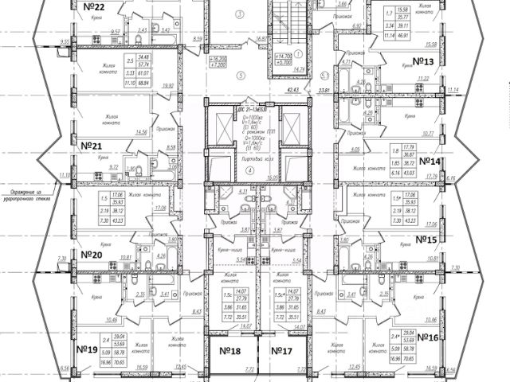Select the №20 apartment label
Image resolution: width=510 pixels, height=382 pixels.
(x=94, y=255)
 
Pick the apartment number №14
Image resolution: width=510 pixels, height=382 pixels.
(x=430, y=162)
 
